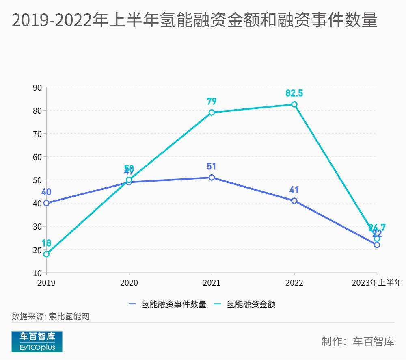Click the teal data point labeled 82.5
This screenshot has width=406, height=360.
click(294, 104)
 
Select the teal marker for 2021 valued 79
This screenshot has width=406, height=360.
click(212, 113)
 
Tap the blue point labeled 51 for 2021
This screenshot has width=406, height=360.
click(212, 178)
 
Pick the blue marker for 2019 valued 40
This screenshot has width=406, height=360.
click(46, 203)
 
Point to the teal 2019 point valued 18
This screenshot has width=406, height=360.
click(46, 254)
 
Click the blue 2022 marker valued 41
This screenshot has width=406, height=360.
click(294, 201)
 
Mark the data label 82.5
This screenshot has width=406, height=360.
click(294, 93)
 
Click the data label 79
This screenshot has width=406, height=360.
click(212, 101)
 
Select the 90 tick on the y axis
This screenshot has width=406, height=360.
click(37, 87)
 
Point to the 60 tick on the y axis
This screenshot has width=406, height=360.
click(37, 157)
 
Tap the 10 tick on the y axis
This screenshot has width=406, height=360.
click(37, 273)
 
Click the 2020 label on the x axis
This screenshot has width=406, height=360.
click(129, 283)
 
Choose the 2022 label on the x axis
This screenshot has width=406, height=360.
click(294, 283)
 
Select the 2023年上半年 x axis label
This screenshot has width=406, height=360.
click(376, 283)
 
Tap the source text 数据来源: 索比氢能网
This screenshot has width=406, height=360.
click(50, 317)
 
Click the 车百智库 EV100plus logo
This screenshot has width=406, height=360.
click(37, 341)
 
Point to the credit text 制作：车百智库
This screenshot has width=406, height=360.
click(358, 341)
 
